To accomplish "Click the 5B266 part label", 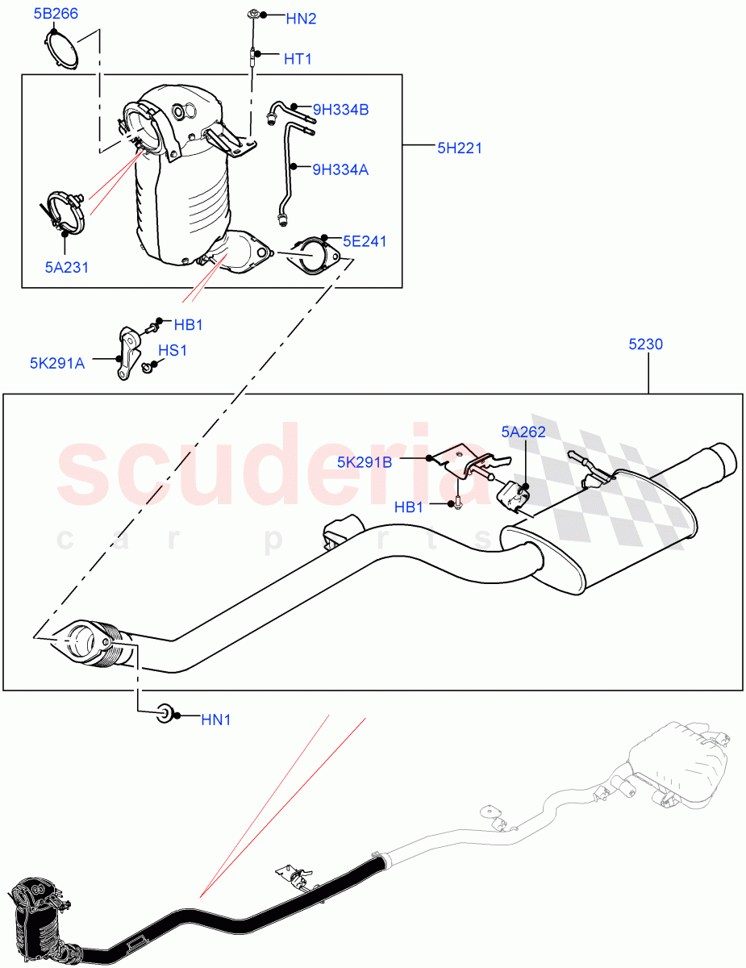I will (56, 13).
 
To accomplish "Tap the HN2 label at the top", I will (301, 18).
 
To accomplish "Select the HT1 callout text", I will (298, 59).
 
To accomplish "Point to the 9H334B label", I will (340, 110).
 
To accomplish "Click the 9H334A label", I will (340, 169).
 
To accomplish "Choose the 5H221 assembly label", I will (460, 147).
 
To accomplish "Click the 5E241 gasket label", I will (365, 240).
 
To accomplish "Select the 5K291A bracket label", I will (57, 362).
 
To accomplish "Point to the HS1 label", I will (172, 351).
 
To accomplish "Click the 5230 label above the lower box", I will (645, 344).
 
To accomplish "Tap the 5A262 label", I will (523, 432).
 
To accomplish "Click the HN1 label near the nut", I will (215, 720).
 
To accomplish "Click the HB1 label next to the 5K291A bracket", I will (189, 325).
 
